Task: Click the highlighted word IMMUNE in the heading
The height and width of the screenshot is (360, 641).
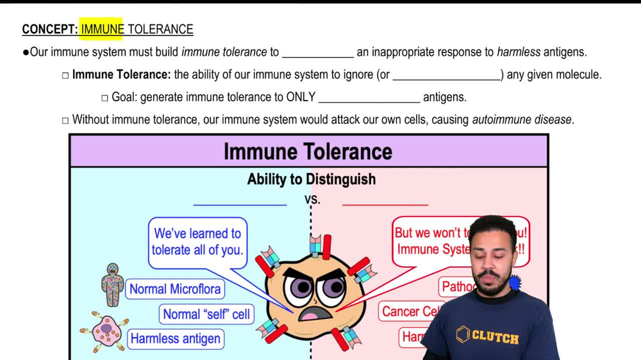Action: tap(102, 29)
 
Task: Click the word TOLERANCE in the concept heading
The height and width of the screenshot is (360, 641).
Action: tap(160, 29)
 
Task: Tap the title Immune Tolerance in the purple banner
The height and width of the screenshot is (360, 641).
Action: tap(308, 152)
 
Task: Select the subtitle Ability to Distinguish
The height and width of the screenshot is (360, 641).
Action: tap(312, 179)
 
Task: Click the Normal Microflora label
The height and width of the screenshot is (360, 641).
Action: tap(175, 289)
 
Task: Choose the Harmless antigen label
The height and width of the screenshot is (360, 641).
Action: tap(175, 338)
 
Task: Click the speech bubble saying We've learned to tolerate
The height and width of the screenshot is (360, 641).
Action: tap(197, 241)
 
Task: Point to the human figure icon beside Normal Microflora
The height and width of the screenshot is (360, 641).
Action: tap(113, 284)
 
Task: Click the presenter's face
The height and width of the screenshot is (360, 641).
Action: tap(490, 259)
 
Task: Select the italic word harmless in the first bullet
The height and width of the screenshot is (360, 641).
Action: tap(519, 53)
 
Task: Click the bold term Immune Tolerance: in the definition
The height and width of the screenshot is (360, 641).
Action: tap(121, 75)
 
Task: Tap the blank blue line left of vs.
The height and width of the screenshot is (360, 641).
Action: tap(240, 204)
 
